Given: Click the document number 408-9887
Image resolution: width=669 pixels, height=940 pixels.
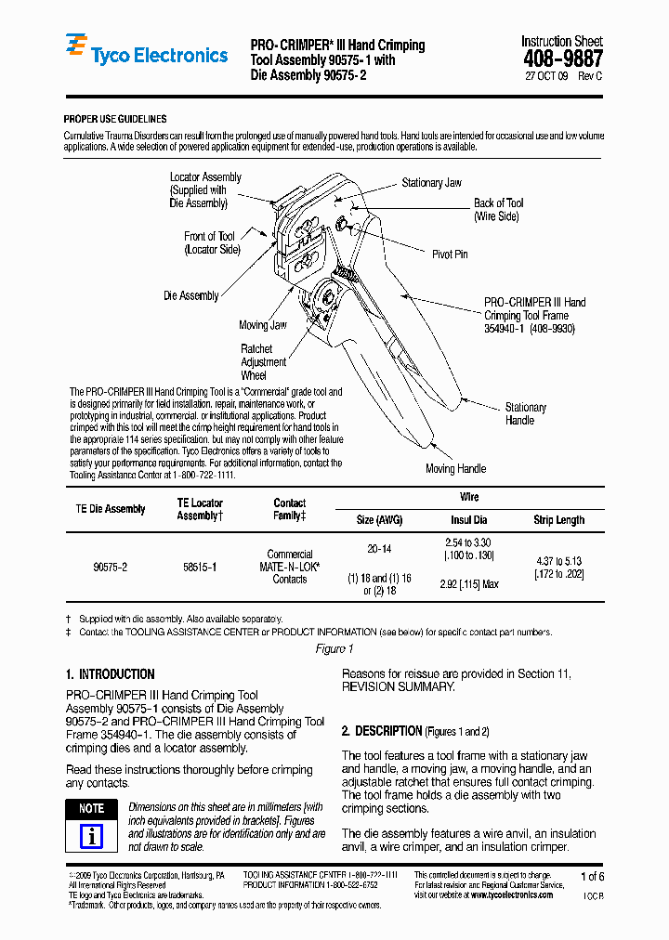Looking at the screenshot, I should pos(561,59).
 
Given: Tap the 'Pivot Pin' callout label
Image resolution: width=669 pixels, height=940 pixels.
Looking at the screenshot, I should pos(450,254).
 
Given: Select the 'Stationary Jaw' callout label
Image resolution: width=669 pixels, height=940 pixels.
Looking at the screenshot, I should pos(431,183).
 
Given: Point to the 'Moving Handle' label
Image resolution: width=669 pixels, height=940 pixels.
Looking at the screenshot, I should pos(453,469).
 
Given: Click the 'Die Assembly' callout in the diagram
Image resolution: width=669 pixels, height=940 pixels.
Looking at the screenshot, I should pos(190,296).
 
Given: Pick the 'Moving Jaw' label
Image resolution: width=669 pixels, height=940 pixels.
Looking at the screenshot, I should pos(263,325).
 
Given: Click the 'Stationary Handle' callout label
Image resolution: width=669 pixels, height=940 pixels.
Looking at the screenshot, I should pos(525,414).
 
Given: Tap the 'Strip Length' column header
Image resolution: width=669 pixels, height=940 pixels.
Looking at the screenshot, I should pos(558,520).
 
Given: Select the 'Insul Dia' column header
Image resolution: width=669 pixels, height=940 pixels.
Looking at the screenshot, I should pos(469,520).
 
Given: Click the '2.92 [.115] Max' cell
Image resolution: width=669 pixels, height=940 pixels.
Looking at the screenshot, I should pos(469,584).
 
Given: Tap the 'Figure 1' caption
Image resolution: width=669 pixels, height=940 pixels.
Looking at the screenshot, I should pos(334,648).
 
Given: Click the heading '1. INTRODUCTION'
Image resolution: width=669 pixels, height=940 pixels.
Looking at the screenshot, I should pos(111,674).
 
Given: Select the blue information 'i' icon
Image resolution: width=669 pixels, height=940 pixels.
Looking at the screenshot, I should pos(91,836).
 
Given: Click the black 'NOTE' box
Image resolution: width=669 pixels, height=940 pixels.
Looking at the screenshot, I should pos(91,809).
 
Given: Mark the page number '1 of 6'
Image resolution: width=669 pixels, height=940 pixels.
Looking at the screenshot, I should pos(591,877).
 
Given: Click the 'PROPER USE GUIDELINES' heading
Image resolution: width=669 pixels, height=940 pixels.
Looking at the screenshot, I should pos(115,120).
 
